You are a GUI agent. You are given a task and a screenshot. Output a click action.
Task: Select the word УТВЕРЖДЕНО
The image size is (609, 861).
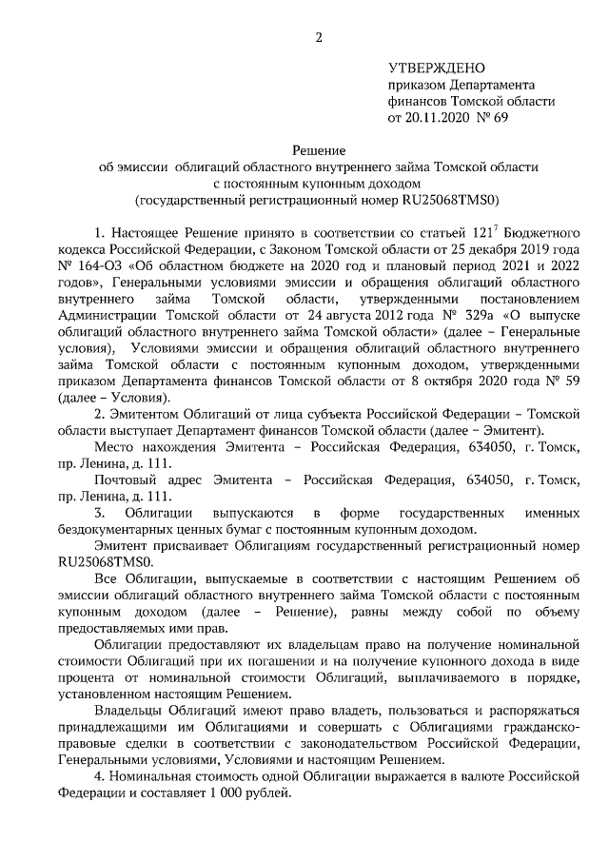[x=437, y=68]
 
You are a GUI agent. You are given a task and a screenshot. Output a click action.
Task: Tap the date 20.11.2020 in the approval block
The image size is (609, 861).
[x=438, y=119]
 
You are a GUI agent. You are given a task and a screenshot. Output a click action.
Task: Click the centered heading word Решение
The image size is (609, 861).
[x=318, y=149]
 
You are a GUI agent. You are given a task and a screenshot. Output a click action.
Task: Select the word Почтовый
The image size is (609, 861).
[x=123, y=479]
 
